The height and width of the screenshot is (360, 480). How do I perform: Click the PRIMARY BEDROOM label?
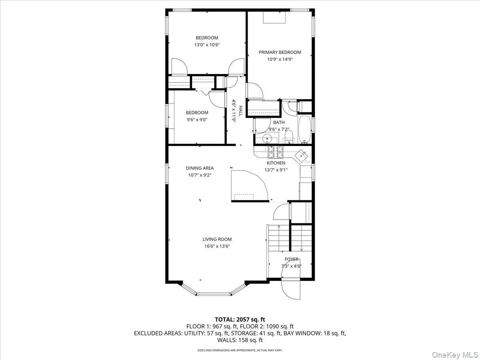click(x=280, y=52)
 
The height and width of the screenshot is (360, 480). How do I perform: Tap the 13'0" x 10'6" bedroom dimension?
click(x=207, y=45)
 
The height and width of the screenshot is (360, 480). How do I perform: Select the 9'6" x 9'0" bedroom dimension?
click(x=197, y=120)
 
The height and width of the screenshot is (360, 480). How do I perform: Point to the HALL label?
click(x=240, y=111)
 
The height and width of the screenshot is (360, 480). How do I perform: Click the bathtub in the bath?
click(x=305, y=129)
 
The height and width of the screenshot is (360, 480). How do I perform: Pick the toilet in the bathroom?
click(x=289, y=137)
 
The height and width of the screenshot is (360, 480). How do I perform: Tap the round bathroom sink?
click(x=267, y=138)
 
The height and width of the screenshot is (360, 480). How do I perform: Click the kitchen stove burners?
click(x=276, y=152)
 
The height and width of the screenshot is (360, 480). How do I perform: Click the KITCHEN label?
click(x=276, y=163)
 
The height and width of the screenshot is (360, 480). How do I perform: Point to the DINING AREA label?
click(x=200, y=168)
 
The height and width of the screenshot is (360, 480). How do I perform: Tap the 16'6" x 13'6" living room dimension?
click(x=217, y=246)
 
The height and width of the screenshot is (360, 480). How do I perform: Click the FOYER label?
click(x=292, y=259)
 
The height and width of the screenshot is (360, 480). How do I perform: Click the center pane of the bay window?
click(x=214, y=294)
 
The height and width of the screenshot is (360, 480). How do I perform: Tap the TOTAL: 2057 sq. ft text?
click(x=240, y=319)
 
